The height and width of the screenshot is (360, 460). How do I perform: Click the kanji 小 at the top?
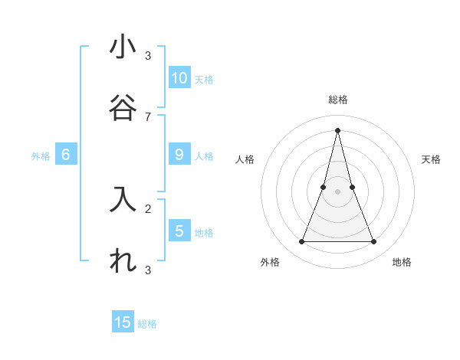pos(123,47)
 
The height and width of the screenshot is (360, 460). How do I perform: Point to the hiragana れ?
pos(123,260)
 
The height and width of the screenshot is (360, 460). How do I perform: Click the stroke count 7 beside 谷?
pos(148,116)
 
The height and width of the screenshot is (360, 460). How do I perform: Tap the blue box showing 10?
pos(179,77)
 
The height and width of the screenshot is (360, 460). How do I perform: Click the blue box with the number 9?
pos(179,155)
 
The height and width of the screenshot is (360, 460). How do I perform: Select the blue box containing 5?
pos(179,231)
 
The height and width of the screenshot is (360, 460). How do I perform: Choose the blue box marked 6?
pos(66,155)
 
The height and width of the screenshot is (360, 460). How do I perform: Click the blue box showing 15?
pos(123,322)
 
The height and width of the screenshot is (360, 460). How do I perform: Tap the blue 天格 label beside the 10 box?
pos(204,79)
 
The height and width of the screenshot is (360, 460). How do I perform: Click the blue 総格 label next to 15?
pos(147,324)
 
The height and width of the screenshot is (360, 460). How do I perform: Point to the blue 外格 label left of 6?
pos(41,156)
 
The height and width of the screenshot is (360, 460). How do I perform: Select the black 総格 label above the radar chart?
pos(338,100)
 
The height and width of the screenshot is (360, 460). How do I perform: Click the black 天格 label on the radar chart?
pos(432,159)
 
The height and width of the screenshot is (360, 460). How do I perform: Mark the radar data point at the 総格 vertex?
pos(338,129)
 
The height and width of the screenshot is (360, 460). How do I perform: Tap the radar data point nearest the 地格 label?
pos(374,242)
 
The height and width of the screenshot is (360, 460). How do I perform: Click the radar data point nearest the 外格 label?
pos(301,242)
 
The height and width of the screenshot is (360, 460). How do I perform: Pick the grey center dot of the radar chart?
pos(338,191)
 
